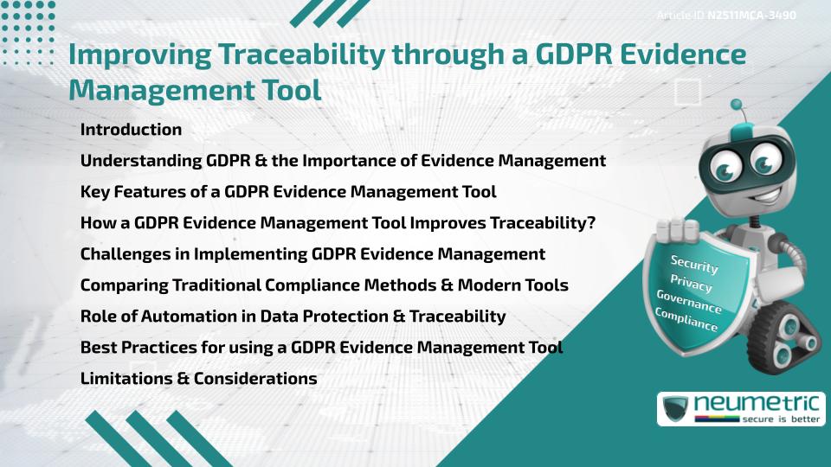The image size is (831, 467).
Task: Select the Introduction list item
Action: (x=131, y=130)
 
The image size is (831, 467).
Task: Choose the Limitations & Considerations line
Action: (x=198, y=379)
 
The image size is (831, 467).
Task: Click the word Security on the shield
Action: (x=694, y=265)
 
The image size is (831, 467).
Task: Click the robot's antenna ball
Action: (x=737, y=106)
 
